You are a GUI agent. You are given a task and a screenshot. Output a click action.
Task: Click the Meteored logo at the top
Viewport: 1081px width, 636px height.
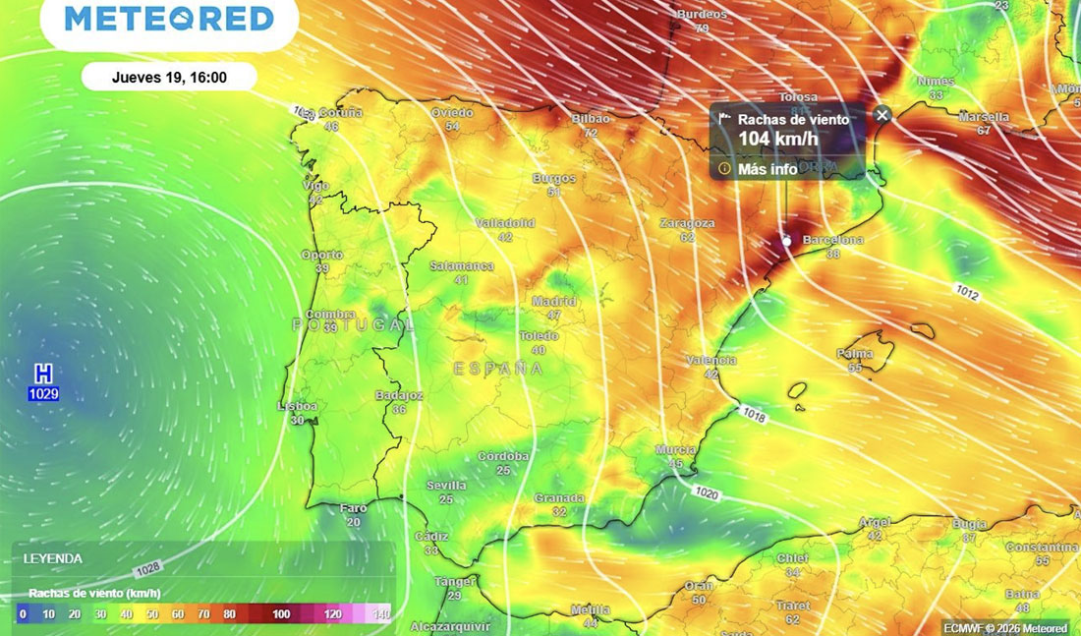(x=169, y=19)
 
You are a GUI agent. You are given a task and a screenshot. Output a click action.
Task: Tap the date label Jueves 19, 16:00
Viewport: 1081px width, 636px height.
(x=169, y=77)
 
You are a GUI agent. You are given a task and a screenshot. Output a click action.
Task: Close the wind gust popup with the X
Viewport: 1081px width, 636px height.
(x=882, y=115)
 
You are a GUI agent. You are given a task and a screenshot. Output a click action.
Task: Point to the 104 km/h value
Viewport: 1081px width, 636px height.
(x=777, y=139)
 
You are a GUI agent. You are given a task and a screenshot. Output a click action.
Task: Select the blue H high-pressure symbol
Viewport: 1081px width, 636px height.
(x=43, y=375)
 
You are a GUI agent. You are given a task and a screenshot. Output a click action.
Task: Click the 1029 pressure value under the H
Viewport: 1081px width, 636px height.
(x=43, y=394)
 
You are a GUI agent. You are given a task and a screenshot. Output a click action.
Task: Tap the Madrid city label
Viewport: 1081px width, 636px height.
(x=554, y=302)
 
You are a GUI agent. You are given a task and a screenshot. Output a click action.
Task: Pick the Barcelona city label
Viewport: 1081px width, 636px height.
(x=833, y=240)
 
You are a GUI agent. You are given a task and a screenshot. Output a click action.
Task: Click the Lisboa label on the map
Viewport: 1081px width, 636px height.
(x=298, y=406)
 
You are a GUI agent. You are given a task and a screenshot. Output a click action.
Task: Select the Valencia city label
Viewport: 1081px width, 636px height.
(x=712, y=361)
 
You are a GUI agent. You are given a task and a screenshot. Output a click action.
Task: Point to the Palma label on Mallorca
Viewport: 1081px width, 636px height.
(x=855, y=354)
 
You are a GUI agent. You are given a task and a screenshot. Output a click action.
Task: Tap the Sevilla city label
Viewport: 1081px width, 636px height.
(x=446, y=486)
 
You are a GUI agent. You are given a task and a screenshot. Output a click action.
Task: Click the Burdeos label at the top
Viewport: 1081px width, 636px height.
(x=702, y=15)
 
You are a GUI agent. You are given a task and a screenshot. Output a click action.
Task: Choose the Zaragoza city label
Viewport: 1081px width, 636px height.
(x=687, y=224)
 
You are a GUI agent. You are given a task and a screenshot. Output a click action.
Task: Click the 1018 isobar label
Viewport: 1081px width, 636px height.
(x=753, y=417)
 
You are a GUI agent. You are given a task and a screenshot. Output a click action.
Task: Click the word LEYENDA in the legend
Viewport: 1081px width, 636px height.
(x=53, y=558)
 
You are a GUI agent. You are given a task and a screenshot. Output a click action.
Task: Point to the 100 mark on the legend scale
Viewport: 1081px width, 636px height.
(x=281, y=614)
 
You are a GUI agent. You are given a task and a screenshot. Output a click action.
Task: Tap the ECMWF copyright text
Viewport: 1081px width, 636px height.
(x=1004, y=627)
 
